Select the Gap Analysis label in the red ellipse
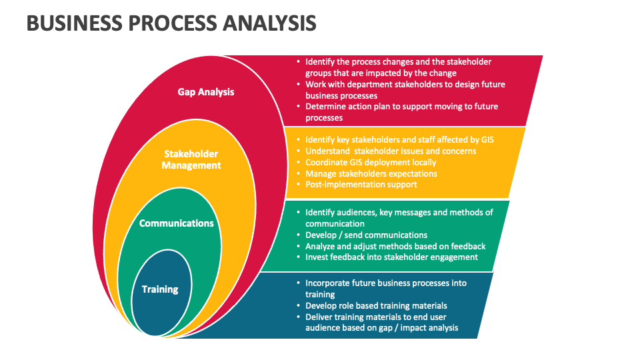pyautogui.click(x=206, y=92)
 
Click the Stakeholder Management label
pyautogui.click(x=191, y=160)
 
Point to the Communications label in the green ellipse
pyautogui.click(x=177, y=223)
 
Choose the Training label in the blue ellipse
pyautogui.click(x=160, y=289)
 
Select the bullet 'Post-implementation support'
pyautogui.click(x=361, y=184)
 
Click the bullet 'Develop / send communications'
pyautogui.click(x=366, y=235)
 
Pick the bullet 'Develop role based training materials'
pyautogui.click(x=376, y=305)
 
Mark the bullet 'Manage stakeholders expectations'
pyautogui.click(x=371, y=173)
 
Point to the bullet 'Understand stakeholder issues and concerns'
pyautogui.click(x=391, y=151)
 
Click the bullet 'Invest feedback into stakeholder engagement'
pyautogui.click(x=391, y=257)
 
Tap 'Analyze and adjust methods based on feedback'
pyautogui.click(x=395, y=246)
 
